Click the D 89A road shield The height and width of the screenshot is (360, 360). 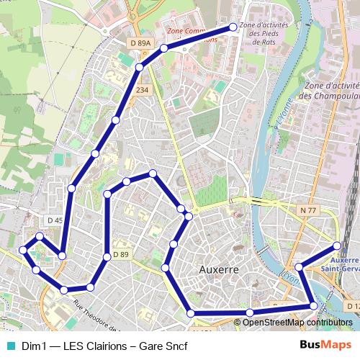click(x=141, y=44)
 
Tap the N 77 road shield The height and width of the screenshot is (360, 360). click(x=309, y=210)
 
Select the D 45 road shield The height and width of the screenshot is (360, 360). click(x=55, y=220)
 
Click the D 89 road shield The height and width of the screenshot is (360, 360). click(x=120, y=255)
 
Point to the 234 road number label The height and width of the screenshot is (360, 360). click(x=142, y=90)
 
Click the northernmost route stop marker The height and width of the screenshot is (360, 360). click(x=233, y=27)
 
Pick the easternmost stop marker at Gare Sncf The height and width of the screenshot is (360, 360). click(x=337, y=246)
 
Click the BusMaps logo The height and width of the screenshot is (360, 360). click(x=325, y=346)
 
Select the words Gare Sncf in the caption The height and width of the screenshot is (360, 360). click(x=163, y=346)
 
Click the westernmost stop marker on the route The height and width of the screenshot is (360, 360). click(x=23, y=250)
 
